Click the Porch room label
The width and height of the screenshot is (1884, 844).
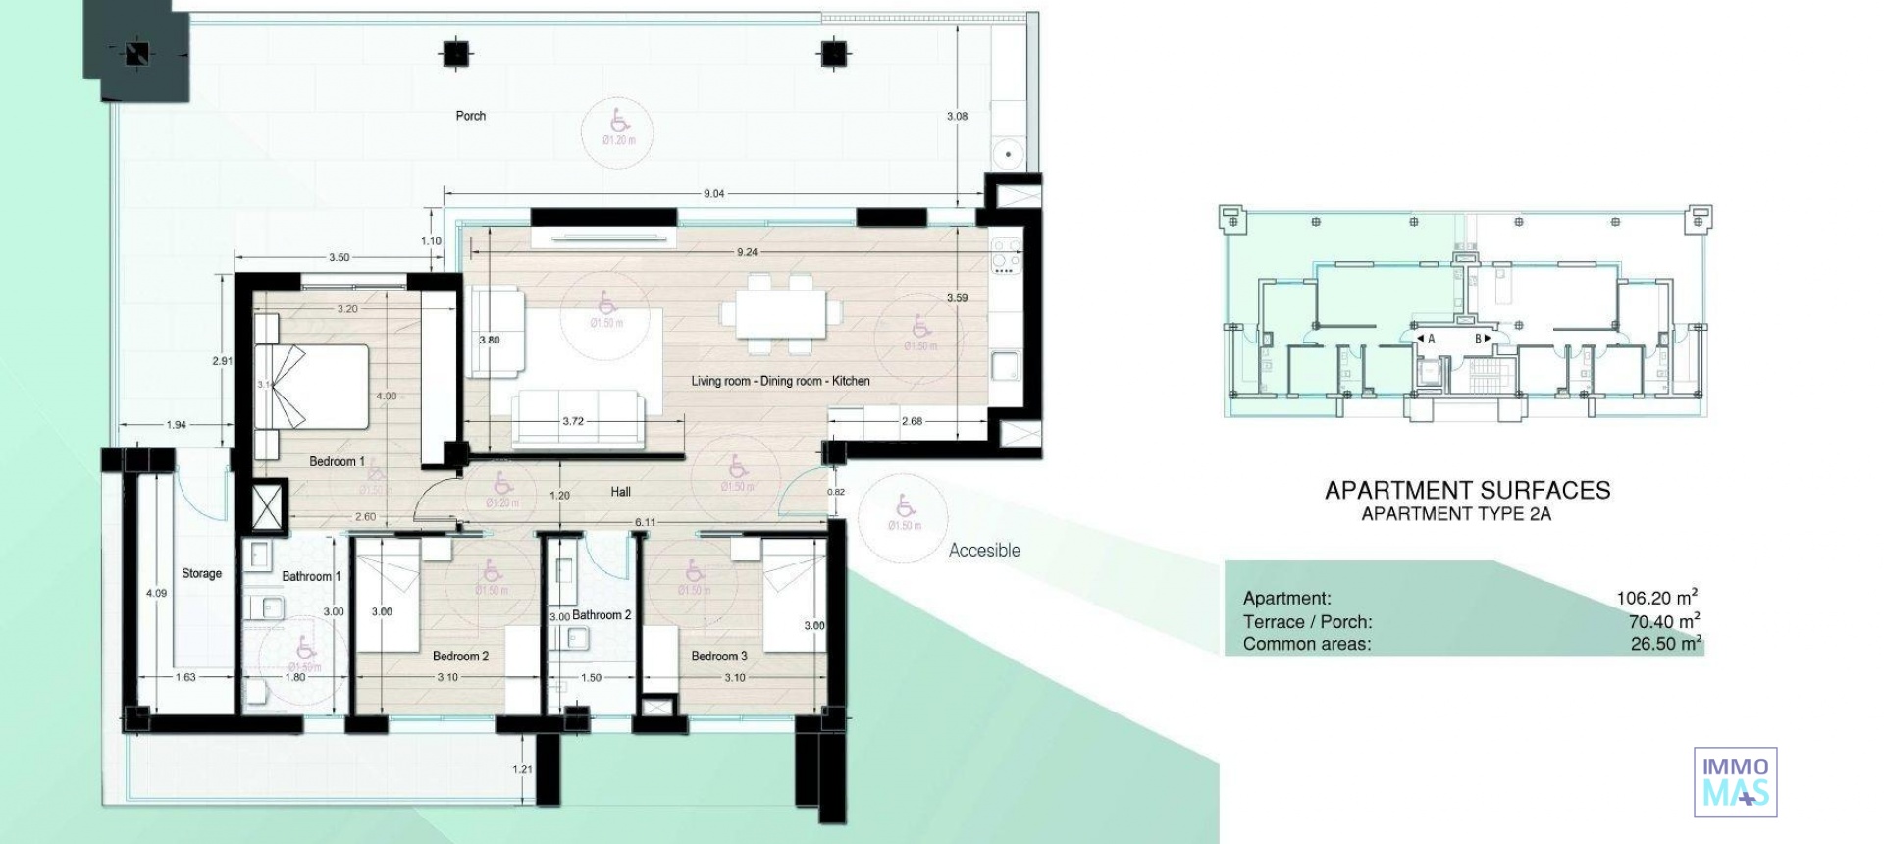470,116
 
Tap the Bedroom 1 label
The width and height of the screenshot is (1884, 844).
337,461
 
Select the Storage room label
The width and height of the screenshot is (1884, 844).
201,573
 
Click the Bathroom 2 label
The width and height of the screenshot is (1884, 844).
602,615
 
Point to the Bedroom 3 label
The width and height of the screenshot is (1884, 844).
718,656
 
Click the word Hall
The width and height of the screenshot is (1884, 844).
620,492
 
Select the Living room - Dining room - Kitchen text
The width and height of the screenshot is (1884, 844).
780,381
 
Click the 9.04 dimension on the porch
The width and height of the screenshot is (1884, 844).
713,194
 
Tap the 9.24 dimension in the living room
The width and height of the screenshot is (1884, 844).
746,252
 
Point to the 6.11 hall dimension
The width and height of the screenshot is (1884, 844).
644,523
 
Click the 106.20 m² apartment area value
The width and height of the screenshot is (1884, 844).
1656,598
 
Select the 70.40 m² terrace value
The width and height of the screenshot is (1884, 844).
1663,621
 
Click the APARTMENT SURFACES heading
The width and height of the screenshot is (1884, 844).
1467,490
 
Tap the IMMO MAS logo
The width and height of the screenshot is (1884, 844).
1735,781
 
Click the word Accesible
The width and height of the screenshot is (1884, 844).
984,551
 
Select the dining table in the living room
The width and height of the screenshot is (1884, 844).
781,313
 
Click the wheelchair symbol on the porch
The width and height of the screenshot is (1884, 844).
619,121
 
